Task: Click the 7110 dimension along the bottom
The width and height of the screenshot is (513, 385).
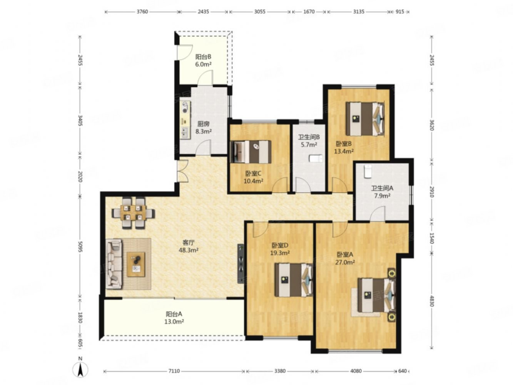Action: [174, 371]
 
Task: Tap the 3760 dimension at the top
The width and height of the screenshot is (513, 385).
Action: [142, 12]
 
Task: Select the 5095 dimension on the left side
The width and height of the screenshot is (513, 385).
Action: [80, 247]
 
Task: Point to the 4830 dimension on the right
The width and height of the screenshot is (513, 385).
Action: [431, 301]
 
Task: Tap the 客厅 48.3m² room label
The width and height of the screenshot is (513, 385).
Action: [188, 246]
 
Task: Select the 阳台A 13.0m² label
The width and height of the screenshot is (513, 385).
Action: [174, 318]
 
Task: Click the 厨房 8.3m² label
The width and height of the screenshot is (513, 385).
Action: [203, 127]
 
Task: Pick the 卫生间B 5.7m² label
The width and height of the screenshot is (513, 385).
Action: [309, 141]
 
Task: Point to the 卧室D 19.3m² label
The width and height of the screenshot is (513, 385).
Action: [280, 249]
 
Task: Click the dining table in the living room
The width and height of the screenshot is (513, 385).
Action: [133, 213]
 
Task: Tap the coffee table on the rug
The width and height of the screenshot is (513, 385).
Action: [136, 264]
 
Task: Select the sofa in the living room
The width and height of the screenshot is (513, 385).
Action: [114, 264]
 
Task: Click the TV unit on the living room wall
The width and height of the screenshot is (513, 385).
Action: [241, 264]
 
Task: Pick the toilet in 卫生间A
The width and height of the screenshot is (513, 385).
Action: [368, 171]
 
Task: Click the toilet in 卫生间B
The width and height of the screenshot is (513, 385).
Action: [316, 159]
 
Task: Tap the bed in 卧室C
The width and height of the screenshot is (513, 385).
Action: [251, 151]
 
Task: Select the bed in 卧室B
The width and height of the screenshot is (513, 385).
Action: [365, 119]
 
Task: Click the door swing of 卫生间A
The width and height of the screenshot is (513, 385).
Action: [378, 213]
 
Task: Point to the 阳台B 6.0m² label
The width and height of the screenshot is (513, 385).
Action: [203, 60]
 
